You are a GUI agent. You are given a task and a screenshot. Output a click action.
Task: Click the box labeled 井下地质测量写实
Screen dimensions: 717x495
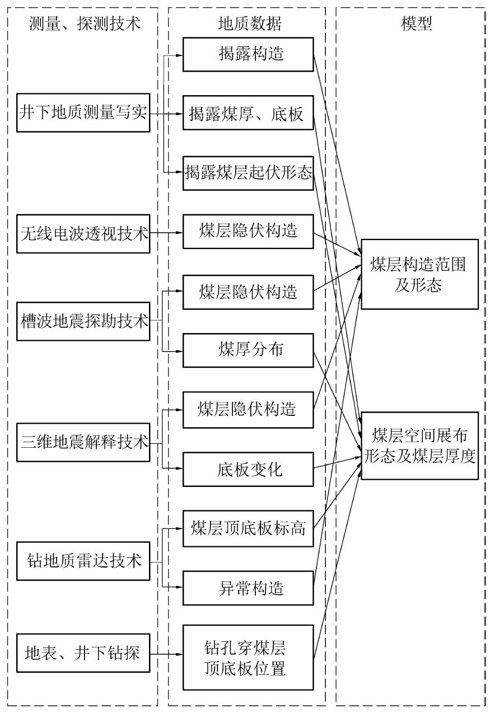tap(83, 114)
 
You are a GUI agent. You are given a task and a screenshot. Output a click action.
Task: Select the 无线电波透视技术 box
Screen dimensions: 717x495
tap(83, 232)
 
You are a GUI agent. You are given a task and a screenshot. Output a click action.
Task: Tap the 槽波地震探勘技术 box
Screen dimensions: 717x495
tap(83, 321)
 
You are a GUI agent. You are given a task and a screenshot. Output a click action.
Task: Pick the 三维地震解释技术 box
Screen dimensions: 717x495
tap(83, 443)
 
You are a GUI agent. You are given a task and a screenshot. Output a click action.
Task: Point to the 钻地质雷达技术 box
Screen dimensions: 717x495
tap(83, 560)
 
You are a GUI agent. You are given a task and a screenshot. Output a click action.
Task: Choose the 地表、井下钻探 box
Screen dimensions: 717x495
tap(83, 653)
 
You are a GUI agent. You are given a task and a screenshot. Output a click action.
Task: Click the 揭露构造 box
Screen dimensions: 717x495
tap(248, 54)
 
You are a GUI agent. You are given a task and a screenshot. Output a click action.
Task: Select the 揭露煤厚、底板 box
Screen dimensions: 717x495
tap(248, 114)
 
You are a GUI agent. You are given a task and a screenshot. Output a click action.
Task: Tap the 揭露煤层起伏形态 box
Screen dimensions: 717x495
tap(248, 172)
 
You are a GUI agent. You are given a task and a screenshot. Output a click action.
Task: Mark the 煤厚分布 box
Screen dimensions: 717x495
tap(248, 350)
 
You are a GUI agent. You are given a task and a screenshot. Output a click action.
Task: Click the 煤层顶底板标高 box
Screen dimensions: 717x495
tap(248, 528)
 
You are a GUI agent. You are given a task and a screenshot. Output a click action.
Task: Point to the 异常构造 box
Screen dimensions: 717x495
tap(248, 588)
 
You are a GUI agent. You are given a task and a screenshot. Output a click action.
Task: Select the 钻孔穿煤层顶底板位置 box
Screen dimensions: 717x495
tap(248, 657)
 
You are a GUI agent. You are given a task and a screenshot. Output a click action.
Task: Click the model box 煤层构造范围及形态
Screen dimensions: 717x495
tap(419, 274)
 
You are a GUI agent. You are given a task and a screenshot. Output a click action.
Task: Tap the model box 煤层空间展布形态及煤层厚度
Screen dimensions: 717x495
tap(419, 446)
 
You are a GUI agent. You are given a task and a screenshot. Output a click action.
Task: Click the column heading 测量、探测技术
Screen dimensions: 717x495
tap(83, 23)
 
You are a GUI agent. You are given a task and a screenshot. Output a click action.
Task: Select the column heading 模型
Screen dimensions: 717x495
tap(417, 23)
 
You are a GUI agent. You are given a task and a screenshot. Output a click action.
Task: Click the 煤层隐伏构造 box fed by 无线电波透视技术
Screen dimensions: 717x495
tap(248, 232)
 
